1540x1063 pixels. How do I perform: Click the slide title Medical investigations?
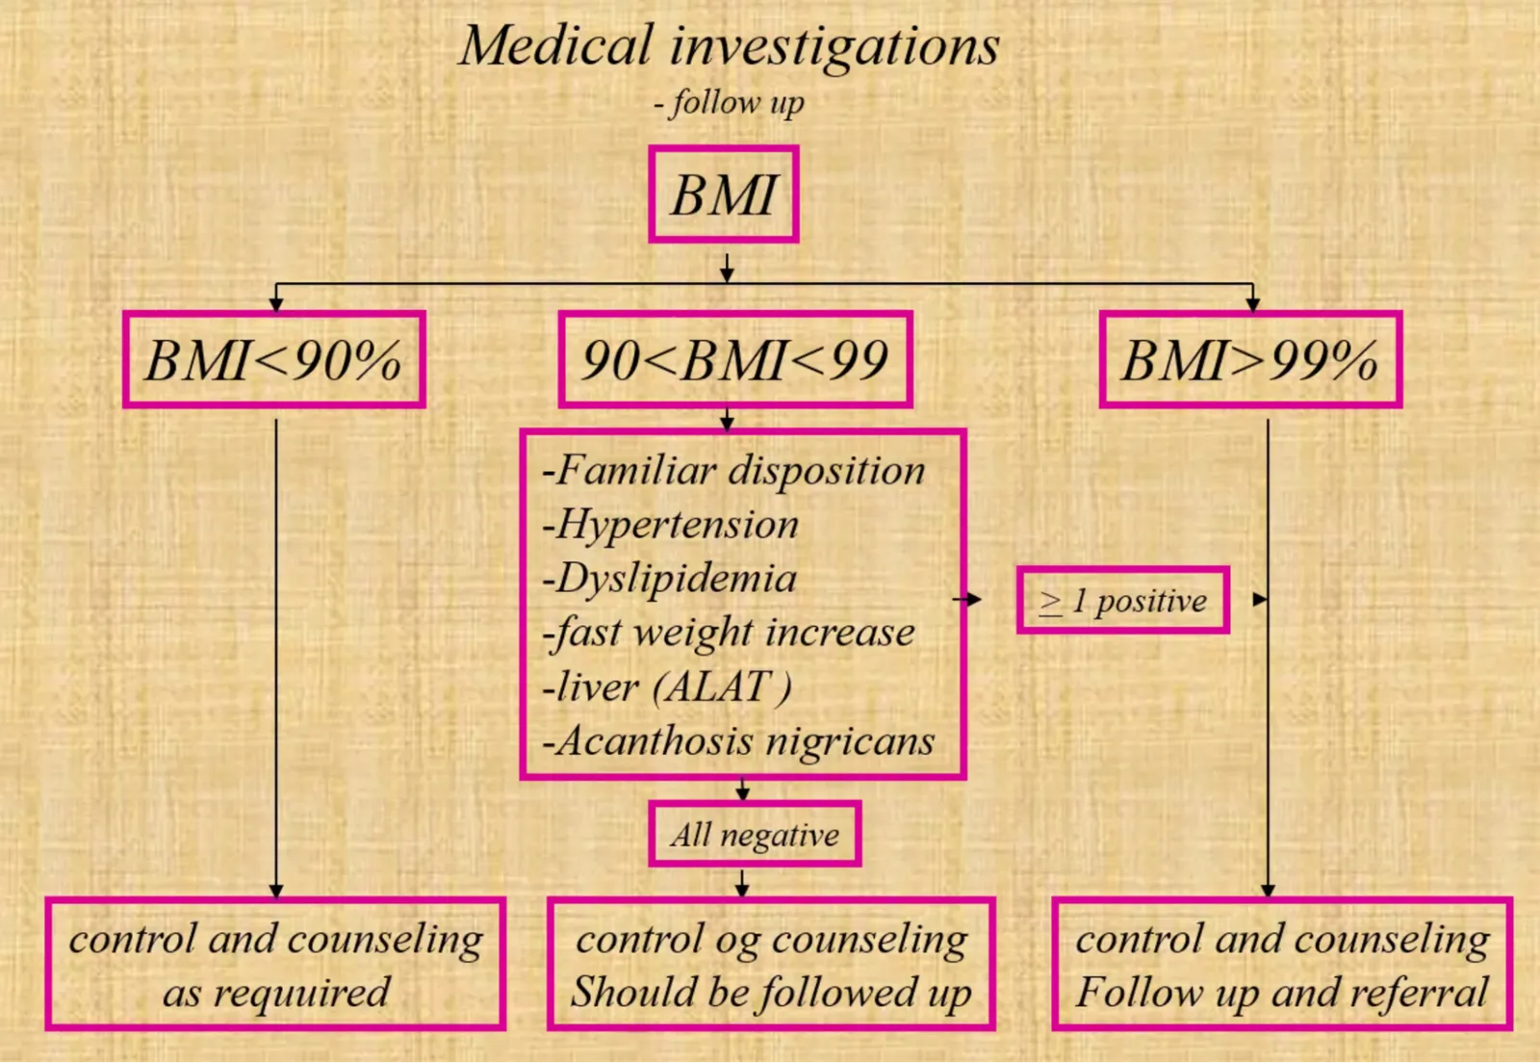(730, 47)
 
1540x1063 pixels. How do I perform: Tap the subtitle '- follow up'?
(729, 103)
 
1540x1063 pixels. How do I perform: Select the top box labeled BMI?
(723, 194)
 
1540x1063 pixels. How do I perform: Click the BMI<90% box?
(274, 359)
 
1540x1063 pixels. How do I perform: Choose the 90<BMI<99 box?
(735, 359)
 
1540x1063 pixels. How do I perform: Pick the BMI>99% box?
(1250, 359)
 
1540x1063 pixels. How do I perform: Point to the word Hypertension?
(670, 526)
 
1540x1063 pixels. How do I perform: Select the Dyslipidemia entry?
(669, 580)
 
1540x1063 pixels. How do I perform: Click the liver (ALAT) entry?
(668, 687)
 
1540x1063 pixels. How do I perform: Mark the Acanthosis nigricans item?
(738, 741)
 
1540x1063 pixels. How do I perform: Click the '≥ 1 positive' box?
(1122, 600)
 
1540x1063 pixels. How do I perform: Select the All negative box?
(755, 834)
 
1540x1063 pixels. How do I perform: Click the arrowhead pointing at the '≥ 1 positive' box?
(973, 600)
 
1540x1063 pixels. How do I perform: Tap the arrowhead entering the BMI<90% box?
(275, 304)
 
